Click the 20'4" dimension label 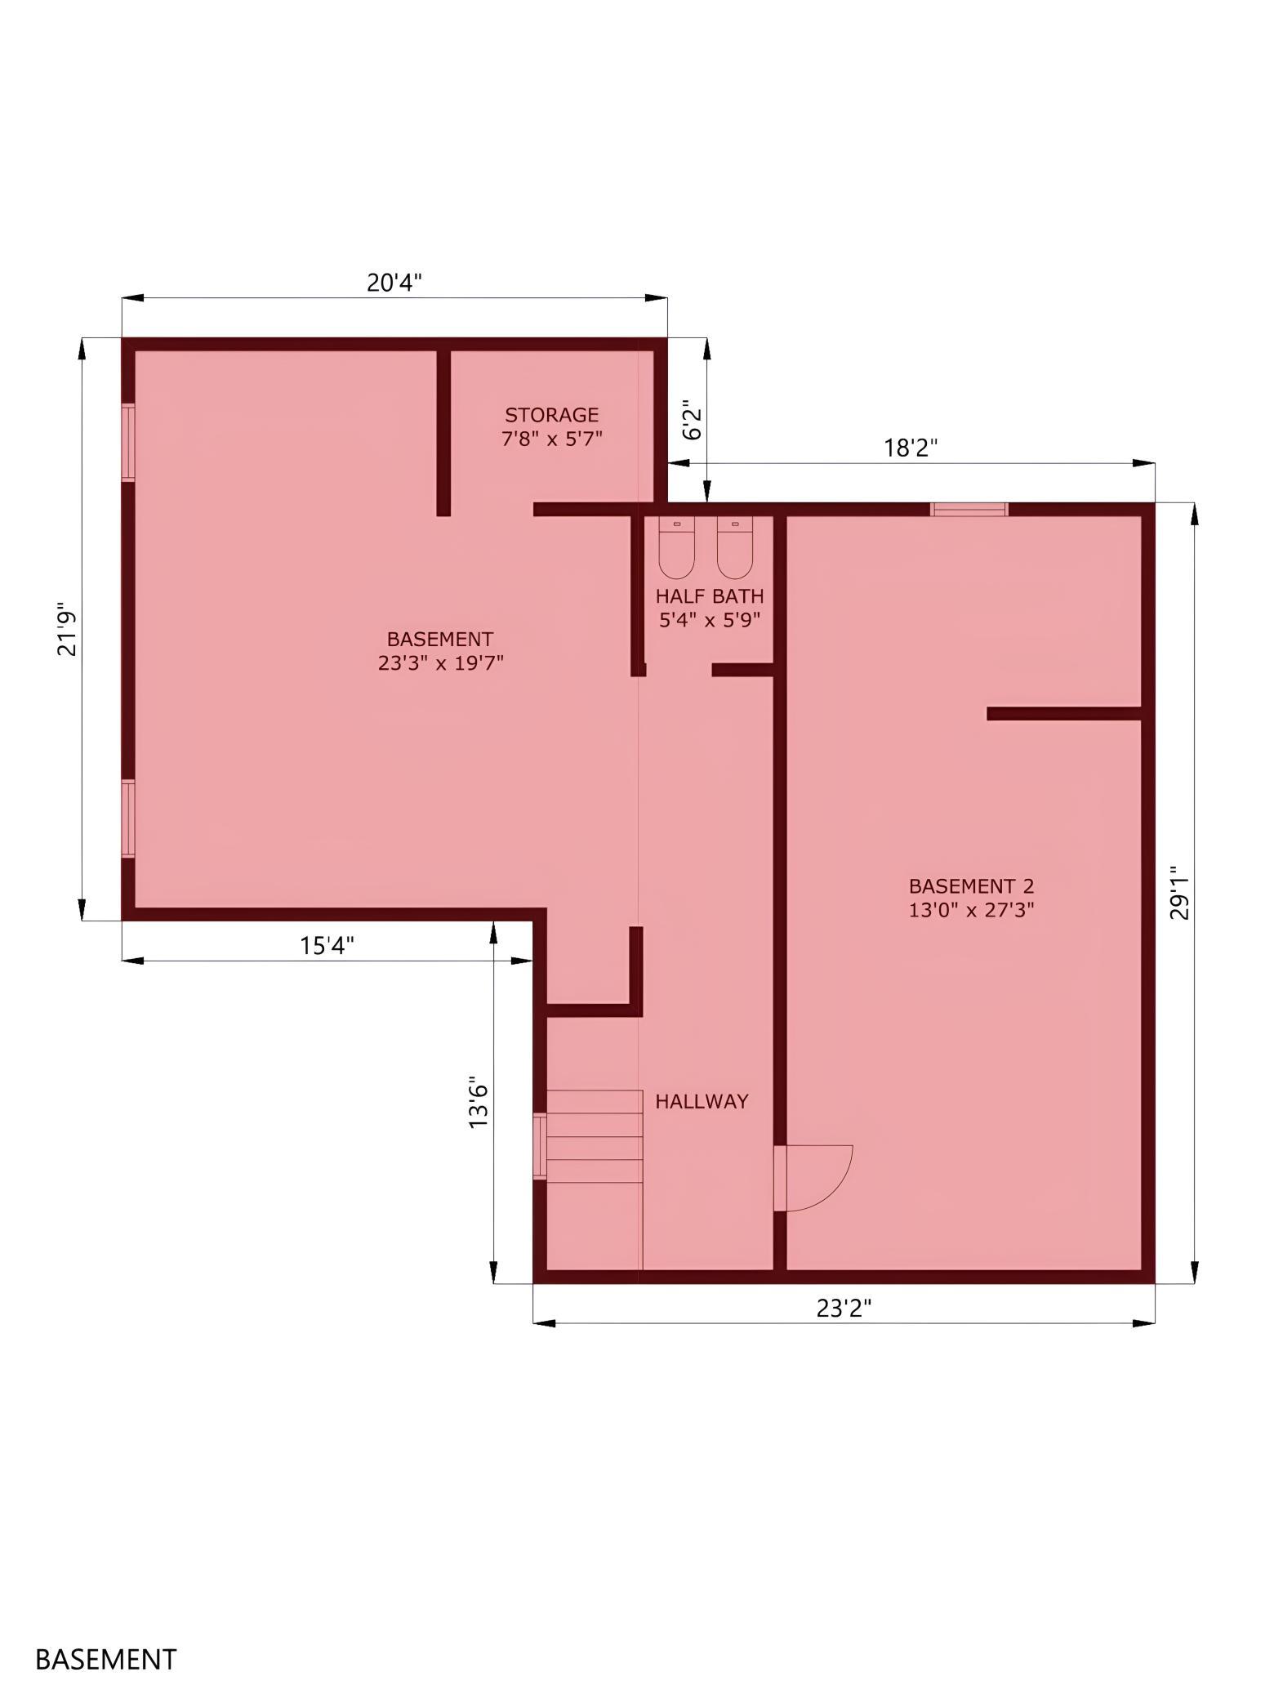click(x=394, y=283)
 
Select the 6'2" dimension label click(x=693, y=420)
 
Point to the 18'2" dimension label click(x=911, y=448)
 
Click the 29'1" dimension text click(x=1179, y=893)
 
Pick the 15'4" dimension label click(x=327, y=946)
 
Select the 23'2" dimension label click(x=844, y=1309)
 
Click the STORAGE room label click(x=551, y=415)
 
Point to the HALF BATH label click(x=710, y=596)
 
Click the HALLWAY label click(x=702, y=1101)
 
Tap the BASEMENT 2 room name click(x=971, y=886)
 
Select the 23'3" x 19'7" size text click(x=440, y=662)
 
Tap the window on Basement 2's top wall click(x=969, y=510)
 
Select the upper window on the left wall click(x=128, y=442)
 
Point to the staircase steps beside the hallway click(x=595, y=1137)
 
